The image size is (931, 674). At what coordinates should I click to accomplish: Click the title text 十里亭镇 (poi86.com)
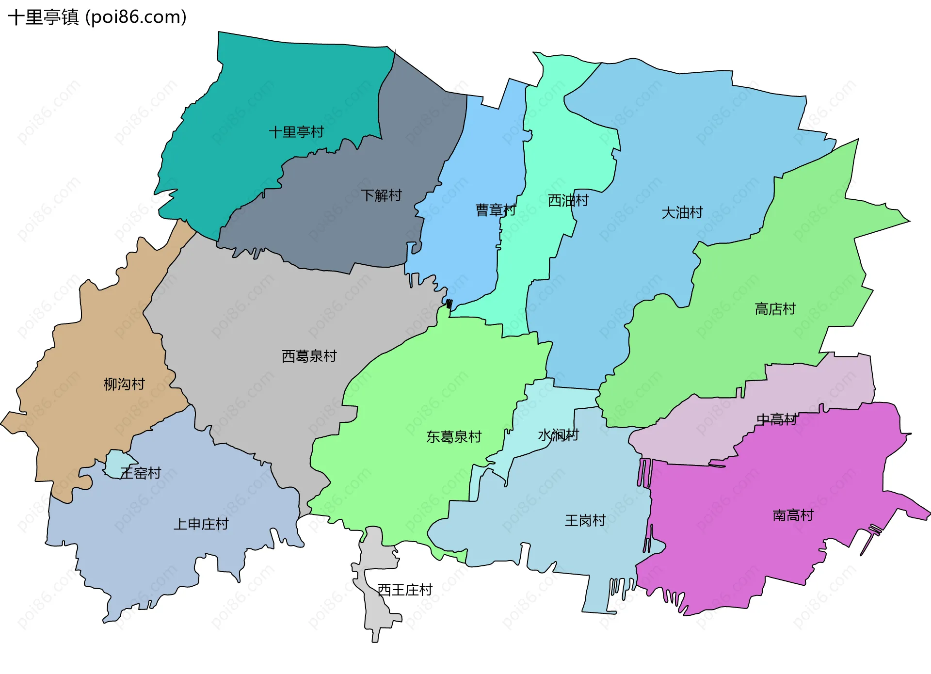(97, 17)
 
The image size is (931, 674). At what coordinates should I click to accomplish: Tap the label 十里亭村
(296, 132)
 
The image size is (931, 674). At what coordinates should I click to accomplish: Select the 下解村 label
(381, 195)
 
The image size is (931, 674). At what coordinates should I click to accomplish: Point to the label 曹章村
(495, 210)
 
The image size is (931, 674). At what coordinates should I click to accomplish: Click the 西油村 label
(568, 200)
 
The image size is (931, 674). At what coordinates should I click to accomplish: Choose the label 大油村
(682, 212)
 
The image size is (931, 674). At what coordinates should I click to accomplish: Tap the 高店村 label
(775, 309)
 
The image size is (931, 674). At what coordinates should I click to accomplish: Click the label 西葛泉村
(309, 356)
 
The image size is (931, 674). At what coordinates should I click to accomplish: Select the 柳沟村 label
(124, 385)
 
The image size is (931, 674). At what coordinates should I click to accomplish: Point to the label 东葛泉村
(453, 437)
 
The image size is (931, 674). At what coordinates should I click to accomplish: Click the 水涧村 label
(558, 435)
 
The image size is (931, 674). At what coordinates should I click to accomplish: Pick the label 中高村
(776, 419)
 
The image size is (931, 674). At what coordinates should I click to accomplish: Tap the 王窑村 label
(141, 473)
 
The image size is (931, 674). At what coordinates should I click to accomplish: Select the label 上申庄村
(201, 524)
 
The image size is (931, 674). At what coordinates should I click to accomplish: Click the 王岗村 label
(585, 521)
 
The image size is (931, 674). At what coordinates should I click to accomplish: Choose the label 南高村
(793, 515)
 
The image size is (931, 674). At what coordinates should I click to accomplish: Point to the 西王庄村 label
(404, 590)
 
